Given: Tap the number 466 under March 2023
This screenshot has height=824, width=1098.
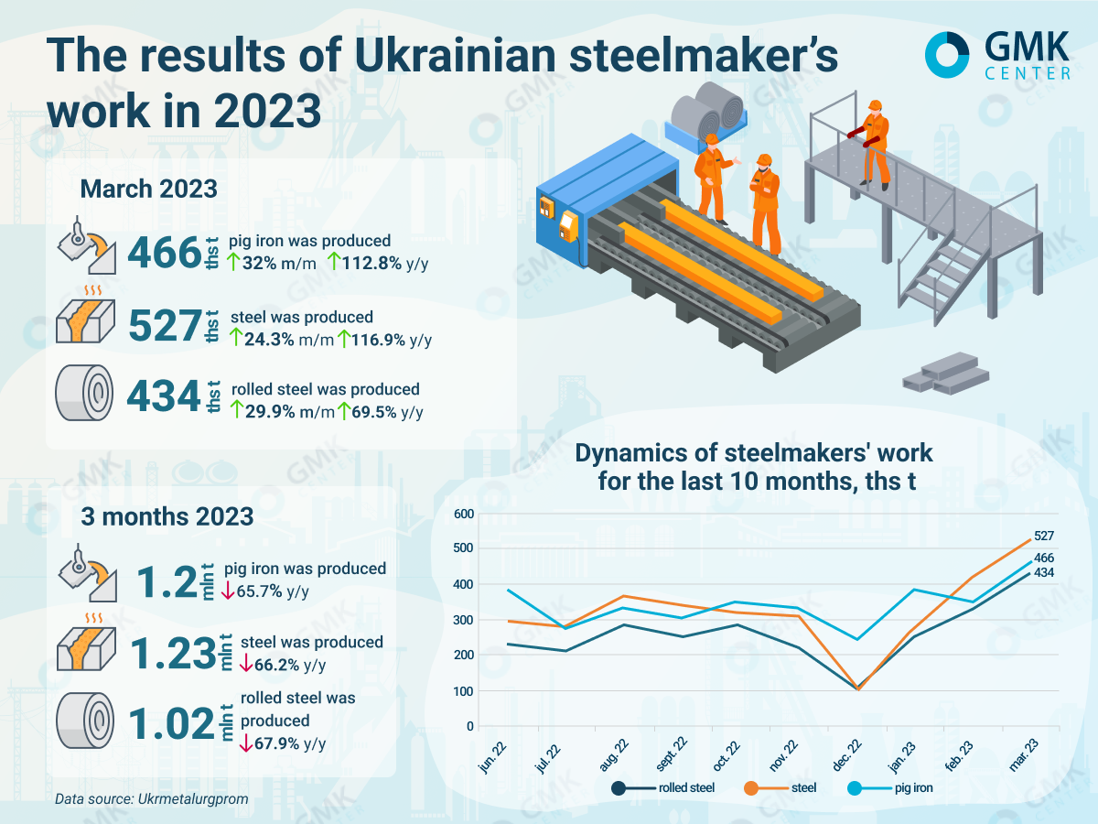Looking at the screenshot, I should (x=164, y=253).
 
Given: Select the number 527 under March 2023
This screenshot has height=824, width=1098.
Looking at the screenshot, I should (x=164, y=326).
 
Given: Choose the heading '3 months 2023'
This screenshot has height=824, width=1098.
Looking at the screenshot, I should (x=167, y=516).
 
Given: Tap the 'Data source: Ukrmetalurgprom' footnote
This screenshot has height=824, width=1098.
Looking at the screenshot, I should (x=151, y=799).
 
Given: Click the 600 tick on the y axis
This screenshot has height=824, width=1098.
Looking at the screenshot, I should (x=464, y=514).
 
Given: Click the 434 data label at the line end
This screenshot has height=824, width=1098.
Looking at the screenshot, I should (x=1044, y=573).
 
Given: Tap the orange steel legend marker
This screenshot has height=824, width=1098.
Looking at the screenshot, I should (x=753, y=787).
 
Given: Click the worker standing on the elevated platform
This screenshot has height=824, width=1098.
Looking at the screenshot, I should (x=876, y=142).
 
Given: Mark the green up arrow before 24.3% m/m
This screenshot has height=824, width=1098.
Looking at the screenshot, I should (x=236, y=340).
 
